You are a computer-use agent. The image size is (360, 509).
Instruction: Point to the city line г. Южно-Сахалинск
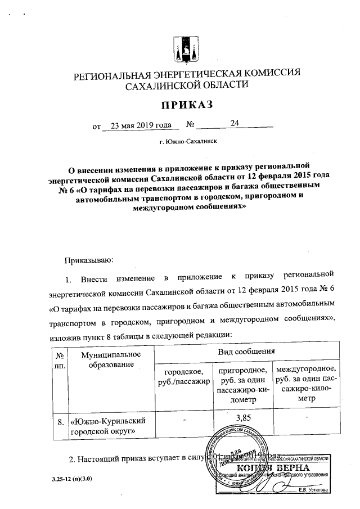pyautogui.click(x=188, y=143)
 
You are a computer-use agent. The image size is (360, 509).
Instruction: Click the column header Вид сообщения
pyautogui.click(x=246, y=351)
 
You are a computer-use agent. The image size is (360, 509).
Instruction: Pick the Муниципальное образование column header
pyautogui.click(x=110, y=361)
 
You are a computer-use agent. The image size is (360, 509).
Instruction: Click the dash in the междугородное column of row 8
pyautogui.click(x=307, y=417)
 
